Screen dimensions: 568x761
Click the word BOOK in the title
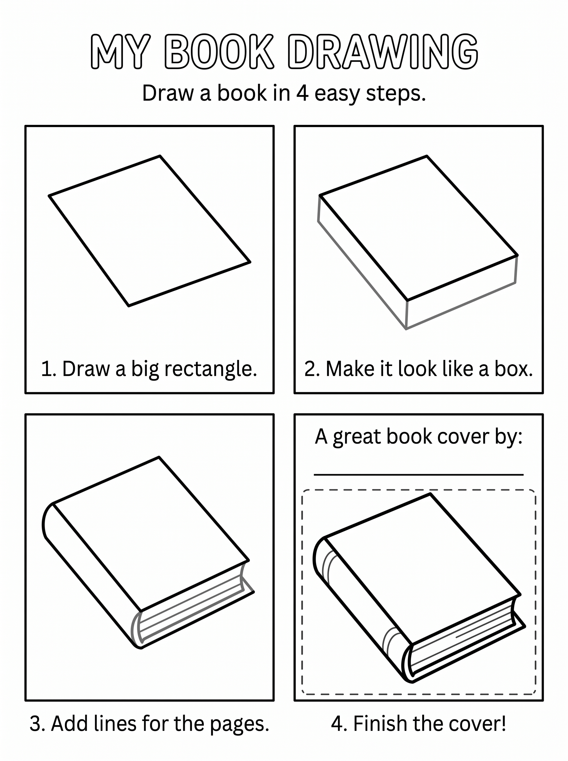point(219,52)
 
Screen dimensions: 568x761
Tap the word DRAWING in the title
point(383,52)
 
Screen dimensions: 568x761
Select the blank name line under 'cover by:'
point(418,475)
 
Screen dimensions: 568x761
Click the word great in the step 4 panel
point(357,437)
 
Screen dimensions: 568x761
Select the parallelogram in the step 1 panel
point(150,231)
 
